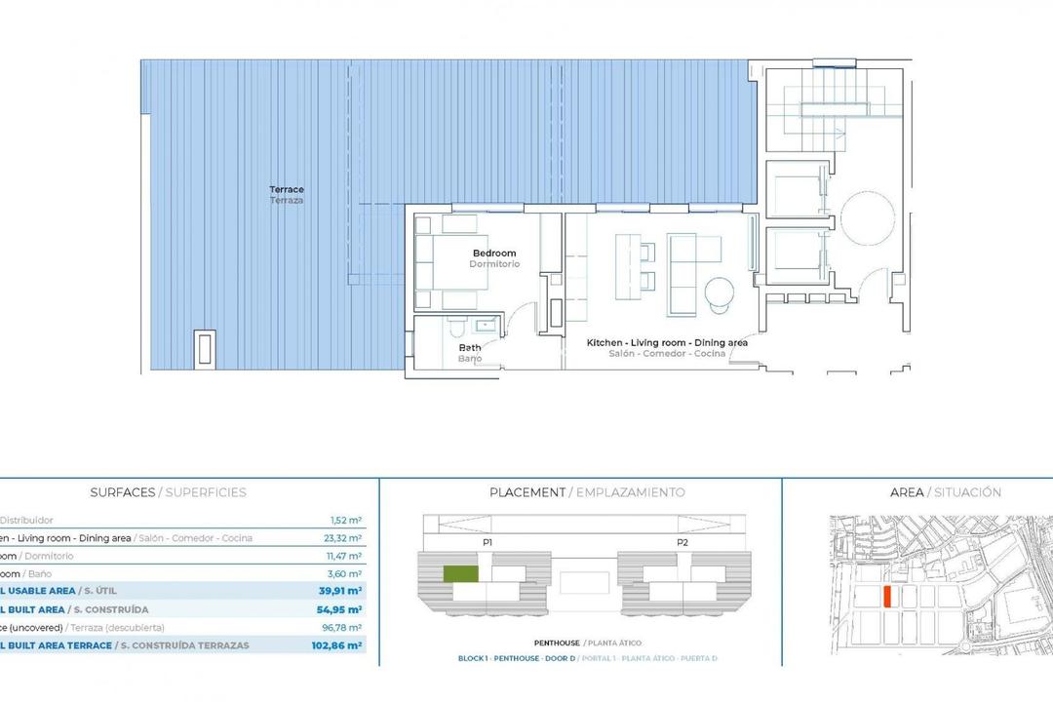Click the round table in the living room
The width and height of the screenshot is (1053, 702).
tap(721, 292)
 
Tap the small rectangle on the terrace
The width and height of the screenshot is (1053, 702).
tap(205, 349)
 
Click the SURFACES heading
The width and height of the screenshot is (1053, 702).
tap(122, 492)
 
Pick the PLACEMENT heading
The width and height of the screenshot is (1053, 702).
tap(526, 492)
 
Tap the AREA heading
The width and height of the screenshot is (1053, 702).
tap(907, 492)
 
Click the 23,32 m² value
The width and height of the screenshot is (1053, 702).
tap(345, 538)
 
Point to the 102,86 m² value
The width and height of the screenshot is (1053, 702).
tap(341, 645)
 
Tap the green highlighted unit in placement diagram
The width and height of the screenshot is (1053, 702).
tap(461, 574)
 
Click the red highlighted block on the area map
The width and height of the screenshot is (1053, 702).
tap(886, 597)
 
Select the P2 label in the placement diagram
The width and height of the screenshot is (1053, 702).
tap(682, 542)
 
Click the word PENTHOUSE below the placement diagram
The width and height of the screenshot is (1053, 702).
tap(557, 643)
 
